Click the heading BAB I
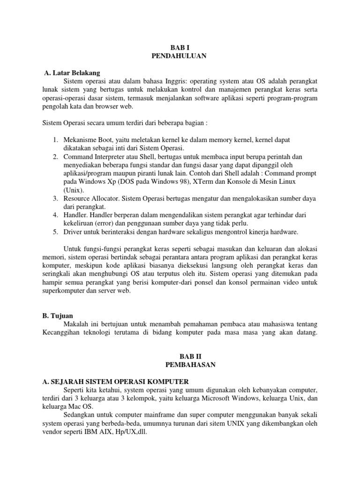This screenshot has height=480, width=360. tap(180, 47)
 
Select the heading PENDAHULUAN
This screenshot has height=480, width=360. tap(180, 56)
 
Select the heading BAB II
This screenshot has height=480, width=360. tap(180, 357)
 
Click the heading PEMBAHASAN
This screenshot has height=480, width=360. tap(180, 365)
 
